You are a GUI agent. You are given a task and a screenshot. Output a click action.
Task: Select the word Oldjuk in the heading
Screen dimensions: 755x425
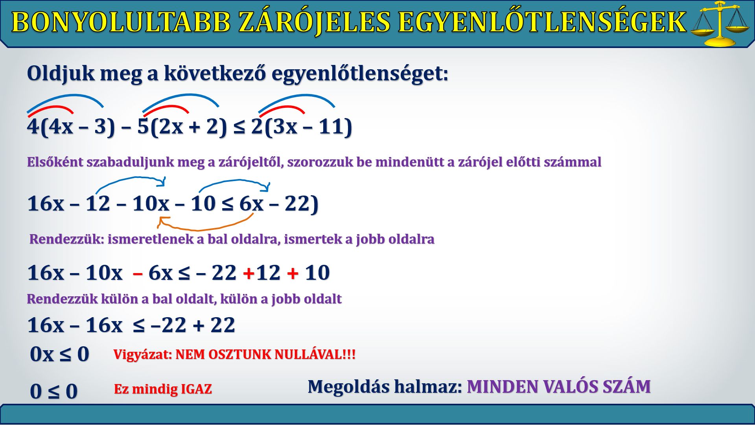[x=61, y=74]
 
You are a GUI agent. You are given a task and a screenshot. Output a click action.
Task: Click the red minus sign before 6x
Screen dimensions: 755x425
[x=138, y=273]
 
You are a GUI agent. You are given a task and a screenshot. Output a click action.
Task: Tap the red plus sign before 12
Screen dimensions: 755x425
[x=248, y=273]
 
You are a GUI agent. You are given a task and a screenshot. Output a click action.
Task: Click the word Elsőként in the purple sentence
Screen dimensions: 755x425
[x=55, y=162]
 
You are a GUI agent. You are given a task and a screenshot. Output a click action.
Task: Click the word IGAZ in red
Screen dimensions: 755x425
[x=196, y=389]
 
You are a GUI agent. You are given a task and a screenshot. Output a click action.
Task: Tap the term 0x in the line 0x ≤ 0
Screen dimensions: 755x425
[x=42, y=354]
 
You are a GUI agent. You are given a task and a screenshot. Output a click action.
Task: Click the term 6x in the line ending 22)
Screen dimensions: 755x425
[x=251, y=203]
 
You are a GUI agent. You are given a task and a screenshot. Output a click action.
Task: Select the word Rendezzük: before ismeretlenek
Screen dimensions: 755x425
[x=67, y=239]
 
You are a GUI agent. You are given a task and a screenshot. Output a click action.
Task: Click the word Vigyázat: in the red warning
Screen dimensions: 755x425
[x=142, y=354]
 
